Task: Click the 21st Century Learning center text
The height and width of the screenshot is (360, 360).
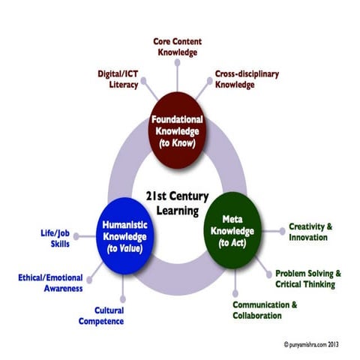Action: coord(177,202)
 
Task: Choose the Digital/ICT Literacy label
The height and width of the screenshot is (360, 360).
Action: coord(118,79)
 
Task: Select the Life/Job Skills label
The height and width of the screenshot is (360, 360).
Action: coord(56,238)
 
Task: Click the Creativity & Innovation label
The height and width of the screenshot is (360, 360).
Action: coord(309,232)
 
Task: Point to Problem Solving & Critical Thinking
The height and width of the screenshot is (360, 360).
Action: coord(307,277)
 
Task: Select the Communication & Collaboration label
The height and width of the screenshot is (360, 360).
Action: coord(264,310)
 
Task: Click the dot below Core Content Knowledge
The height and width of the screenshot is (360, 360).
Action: coord(177,64)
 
